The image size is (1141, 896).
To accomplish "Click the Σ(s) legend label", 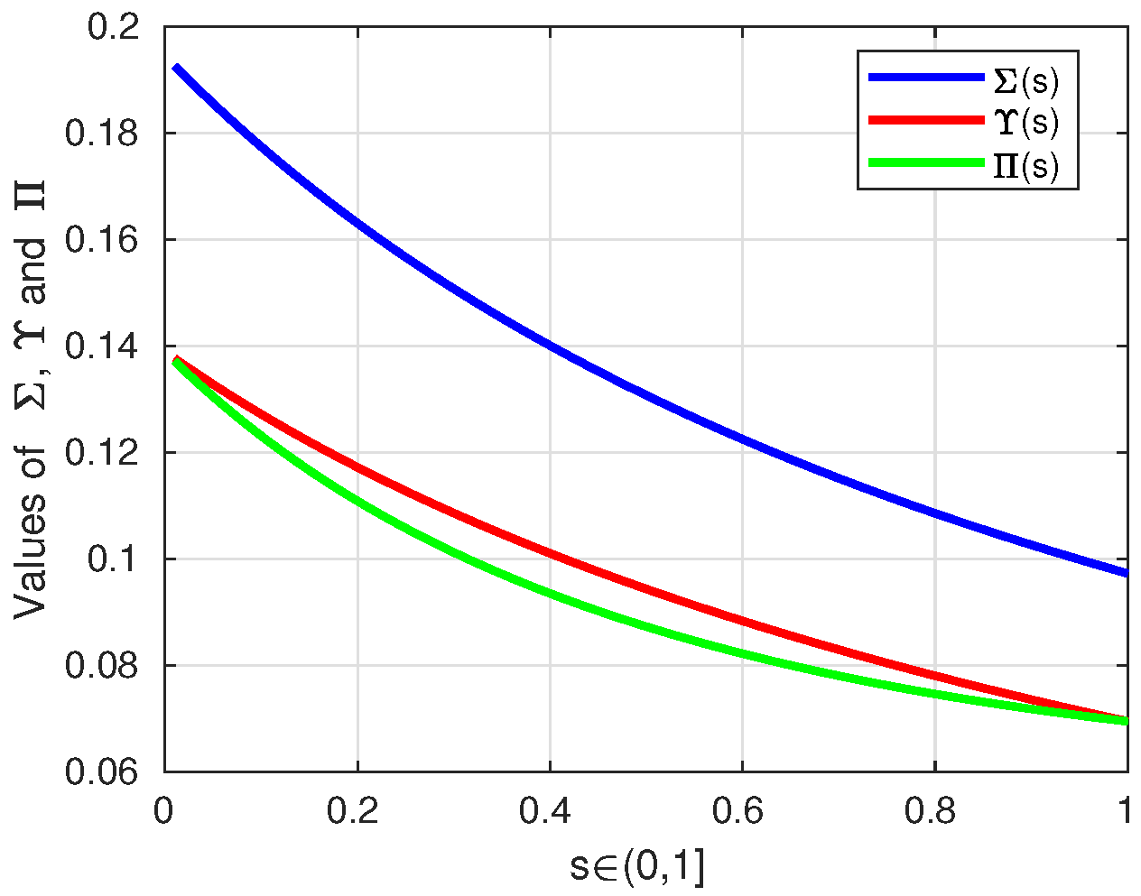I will (1025, 80).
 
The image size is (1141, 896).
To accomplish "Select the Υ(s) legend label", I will (1025, 122).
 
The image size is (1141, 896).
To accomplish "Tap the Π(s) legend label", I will (1025, 166).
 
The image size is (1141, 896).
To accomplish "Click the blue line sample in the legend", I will (925, 79).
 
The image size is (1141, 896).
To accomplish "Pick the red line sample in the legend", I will (925, 120).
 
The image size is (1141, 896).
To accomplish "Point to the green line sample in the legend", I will (925, 163).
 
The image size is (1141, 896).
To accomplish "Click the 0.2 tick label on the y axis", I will (113, 27).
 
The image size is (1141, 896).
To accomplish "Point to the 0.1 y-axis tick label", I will (113, 559).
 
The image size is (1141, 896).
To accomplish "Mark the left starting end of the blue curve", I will (176, 67).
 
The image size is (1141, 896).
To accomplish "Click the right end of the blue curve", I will (1127, 573).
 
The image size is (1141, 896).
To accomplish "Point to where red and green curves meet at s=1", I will (1126, 720).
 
